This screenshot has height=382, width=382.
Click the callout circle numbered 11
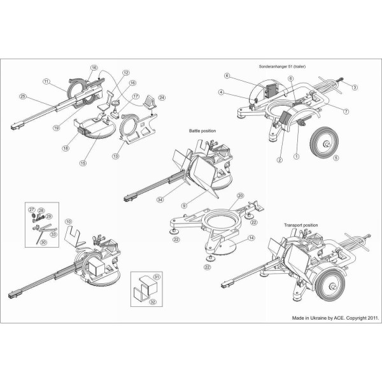pyautogui.click(x=46, y=81)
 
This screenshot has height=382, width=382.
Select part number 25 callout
pyautogui.click(x=23, y=97)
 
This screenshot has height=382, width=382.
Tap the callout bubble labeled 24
pyautogui.click(x=162, y=97)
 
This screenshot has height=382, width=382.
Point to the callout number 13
pyautogui.click(x=116, y=156)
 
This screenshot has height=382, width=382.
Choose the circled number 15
pyautogui.click(x=83, y=163)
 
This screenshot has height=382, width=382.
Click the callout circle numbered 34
pyautogui.click(x=160, y=199)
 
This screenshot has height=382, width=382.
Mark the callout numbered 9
pyautogui.click(x=185, y=206)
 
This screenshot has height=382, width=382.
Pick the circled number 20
pyautogui.click(x=240, y=195)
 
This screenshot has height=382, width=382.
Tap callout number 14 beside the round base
pyautogui.click(x=251, y=237)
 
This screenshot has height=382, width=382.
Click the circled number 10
pyautogui.click(x=69, y=222)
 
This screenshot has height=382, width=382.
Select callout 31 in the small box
pyautogui.click(x=156, y=277)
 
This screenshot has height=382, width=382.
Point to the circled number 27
pyautogui.click(x=32, y=209)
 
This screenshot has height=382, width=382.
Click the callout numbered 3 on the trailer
pyautogui.click(x=355, y=87)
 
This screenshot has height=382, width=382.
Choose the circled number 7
pyautogui.click(x=346, y=111)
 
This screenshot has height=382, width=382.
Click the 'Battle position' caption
pyautogui.click(x=202, y=131)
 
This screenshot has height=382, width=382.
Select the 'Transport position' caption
pyautogui.click(x=301, y=225)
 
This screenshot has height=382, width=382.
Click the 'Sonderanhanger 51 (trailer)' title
pyautogui.click(x=282, y=66)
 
